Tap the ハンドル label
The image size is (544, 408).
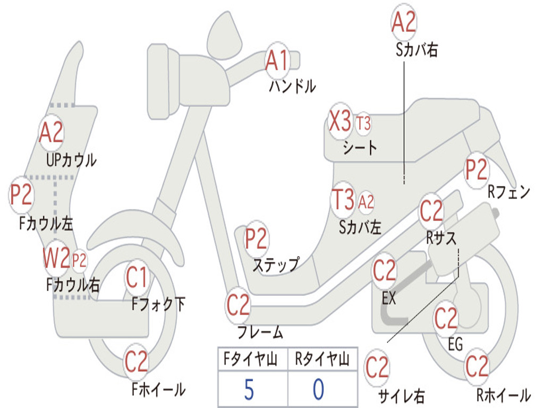[x=293, y=86]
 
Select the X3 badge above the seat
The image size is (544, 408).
[x=341, y=121]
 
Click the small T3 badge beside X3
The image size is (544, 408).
[x=363, y=123]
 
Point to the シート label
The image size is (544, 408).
[x=360, y=148]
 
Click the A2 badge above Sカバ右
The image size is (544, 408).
[x=404, y=22]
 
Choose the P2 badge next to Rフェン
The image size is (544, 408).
[x=477, y=170]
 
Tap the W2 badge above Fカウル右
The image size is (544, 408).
[x=56, y=258]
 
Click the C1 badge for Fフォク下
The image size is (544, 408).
[x=137, y=277]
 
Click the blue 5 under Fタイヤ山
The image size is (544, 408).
[x=249, y=389]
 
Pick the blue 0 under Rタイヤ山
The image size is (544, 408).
[x=319, y=389]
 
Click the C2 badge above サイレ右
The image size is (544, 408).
[x=377, y=368]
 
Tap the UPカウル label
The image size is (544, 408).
[x=71, y=160]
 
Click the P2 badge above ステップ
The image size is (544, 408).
[x=257, y=239]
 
